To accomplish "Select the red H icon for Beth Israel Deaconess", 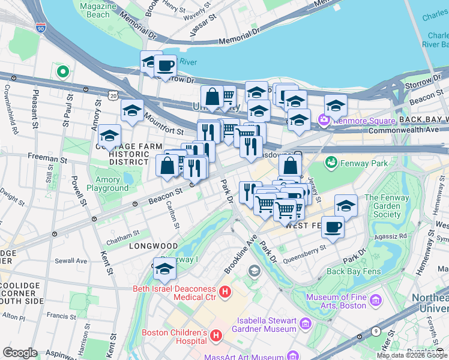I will tap(224, 293).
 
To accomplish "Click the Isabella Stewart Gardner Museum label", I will tap(267, 325).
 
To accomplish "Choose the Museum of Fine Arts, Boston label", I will tap(336, 301).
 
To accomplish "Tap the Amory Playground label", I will tap(111, 184).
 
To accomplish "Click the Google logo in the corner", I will tap(20, 353).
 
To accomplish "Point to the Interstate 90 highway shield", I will tap(41, 28).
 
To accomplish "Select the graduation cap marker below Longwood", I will tap(164, 269).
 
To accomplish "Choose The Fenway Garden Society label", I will tap(382, 206).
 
